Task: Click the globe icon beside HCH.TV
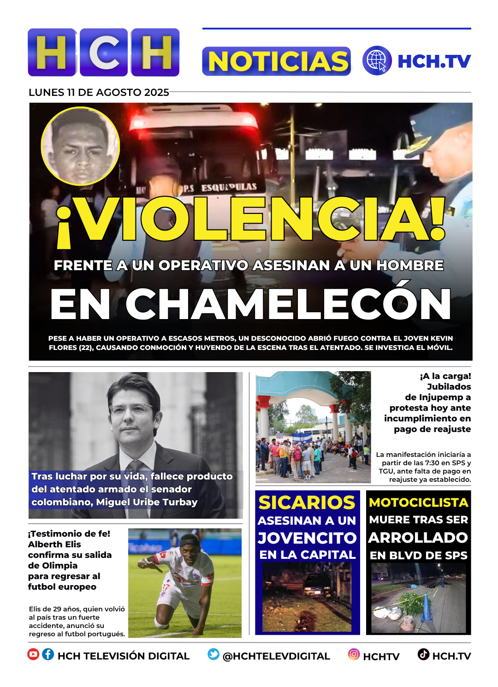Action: (377, 61)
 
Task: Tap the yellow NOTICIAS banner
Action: (277, 61)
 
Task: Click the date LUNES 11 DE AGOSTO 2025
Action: (99, 92)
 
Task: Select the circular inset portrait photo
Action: (80, 146)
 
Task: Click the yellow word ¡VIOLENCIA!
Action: (251, 219)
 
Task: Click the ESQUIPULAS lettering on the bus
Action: (229, 187)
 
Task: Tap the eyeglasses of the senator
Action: (132, 409)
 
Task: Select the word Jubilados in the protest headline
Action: (449, 387)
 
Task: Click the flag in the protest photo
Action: (302, 437)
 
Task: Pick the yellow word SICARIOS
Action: (307, 503)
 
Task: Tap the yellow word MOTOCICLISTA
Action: (418, 503)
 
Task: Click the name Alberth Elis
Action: (54, 544)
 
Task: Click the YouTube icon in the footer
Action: (33, 654)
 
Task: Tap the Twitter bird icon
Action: (213, 654)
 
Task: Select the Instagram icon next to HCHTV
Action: (354, 654)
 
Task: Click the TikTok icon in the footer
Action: (423, 654)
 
